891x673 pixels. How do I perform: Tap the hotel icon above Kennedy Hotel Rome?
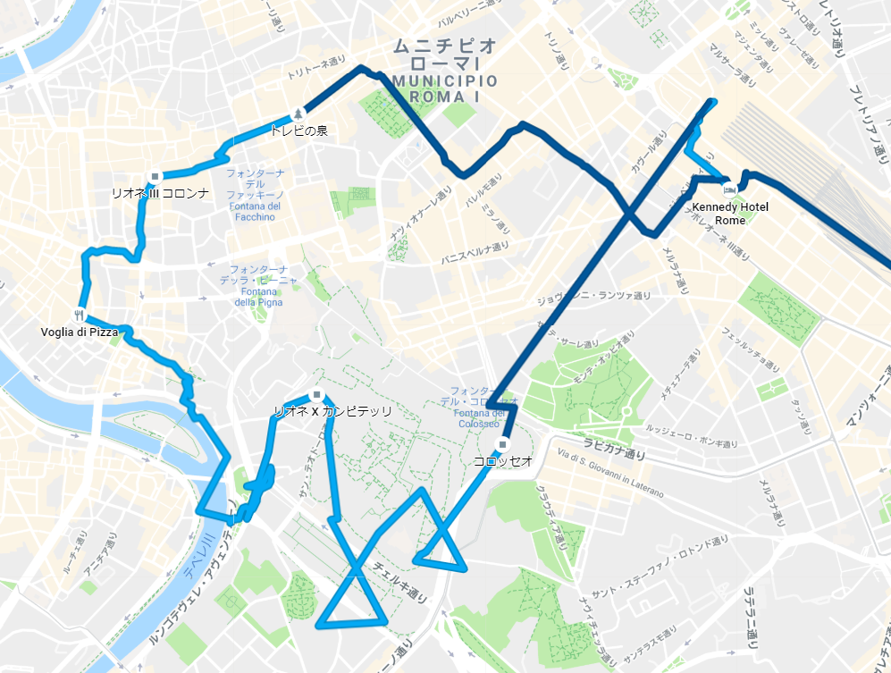(x=729, y=189)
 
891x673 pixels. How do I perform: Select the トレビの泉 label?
(x=299, y=130)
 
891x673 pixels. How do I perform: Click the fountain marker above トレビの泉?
(x=298, y=114)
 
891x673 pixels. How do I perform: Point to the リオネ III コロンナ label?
(x=160, y=192)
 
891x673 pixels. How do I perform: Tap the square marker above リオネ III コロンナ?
(x=156, y=176)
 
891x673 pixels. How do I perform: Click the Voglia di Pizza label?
(x=80, y=332)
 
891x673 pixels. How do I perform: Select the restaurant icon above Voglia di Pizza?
(x=80, y=315)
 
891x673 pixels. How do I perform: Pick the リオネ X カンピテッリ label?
(x=332, y=411)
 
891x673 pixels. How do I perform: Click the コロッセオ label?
(x=503, y=460)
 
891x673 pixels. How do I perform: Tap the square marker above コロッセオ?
(x=503, y=443)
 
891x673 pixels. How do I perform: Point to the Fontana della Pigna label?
(x=258, y=286)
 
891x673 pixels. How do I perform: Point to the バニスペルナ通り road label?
(x=475, y=254)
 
